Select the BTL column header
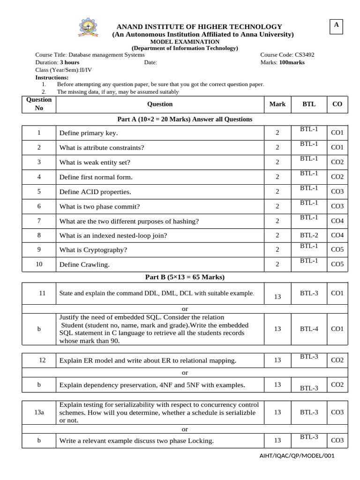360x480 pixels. coord(309,104)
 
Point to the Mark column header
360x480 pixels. coord(277,104)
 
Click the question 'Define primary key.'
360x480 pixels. coord(89,133)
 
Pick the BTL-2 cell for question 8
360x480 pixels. coord(309,235)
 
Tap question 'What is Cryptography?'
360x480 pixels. coord(93,250)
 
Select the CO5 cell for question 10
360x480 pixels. coord(337,264)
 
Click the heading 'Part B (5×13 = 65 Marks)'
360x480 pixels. coord(185,277)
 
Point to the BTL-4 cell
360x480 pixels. coord(309,329)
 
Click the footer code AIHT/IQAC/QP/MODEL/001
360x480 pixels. coord(297,456)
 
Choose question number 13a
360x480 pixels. coord(39,412)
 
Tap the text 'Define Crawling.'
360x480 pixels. coord(84,265)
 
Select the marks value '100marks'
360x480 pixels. coord(292,62)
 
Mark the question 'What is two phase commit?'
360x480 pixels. coord(99,206)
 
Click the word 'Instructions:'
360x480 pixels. coord(52,77)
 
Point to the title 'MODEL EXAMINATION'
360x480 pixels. coord(185,42)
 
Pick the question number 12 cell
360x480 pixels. coord(42,360)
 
